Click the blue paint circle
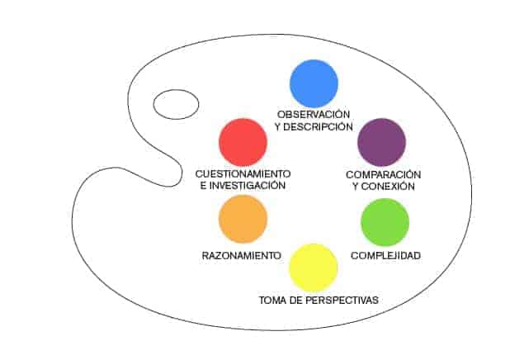tap(314, 83)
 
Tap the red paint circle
tap(243, 143)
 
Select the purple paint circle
tap(381, 142)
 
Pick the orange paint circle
tap(243, 219)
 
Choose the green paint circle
tap(385, 222)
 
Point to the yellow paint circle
tap(314, 268)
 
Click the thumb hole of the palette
tap(176, 105)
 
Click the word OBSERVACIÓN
tap(314, 114)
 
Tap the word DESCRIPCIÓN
tap(318, 127)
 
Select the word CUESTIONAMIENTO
tap(243, 174)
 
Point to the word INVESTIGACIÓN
tap(248, 186)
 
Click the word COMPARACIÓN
tap(384, 174)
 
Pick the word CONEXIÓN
tap(388, 187)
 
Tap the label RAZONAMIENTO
tap(241, 255)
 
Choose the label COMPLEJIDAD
tap(385, 255)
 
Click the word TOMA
tap(272, 300)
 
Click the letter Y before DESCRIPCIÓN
tap(277, 127)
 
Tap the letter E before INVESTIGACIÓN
tap(203, 186)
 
